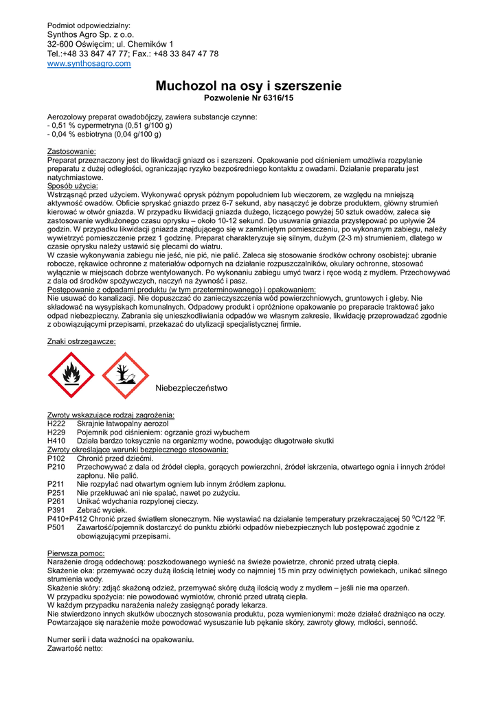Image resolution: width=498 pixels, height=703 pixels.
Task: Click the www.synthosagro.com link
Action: tap(89, 64)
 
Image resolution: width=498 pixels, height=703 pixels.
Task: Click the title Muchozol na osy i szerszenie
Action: tap(249, 86)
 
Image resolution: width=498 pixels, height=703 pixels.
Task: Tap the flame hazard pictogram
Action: tap(71, 376)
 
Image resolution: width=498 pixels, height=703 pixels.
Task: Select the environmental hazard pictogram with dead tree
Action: tap(125, 376)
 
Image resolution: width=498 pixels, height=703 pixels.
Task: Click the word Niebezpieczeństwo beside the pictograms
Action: tap(191, 389)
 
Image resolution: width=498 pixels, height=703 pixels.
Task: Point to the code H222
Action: tap(56, 424)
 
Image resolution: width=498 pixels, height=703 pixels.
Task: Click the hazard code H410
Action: tap(56, 441)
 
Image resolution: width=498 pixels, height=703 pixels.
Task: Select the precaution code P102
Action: tap(56, 458)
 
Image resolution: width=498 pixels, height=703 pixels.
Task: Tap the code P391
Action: tap(56, 510)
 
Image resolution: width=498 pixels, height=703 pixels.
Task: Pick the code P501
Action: tap(56, 527)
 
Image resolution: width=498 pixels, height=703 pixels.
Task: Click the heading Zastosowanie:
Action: tap(71, 151)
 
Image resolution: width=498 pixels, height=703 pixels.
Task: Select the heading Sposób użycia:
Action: tap(73, 186)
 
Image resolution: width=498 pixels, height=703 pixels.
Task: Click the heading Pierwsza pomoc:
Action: tap(76, 553)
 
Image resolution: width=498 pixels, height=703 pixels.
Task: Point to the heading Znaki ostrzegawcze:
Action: tap(81, 341)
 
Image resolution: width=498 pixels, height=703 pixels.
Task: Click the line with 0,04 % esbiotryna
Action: tap(109, 134)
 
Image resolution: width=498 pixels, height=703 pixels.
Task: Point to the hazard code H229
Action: tap(56, 433)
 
